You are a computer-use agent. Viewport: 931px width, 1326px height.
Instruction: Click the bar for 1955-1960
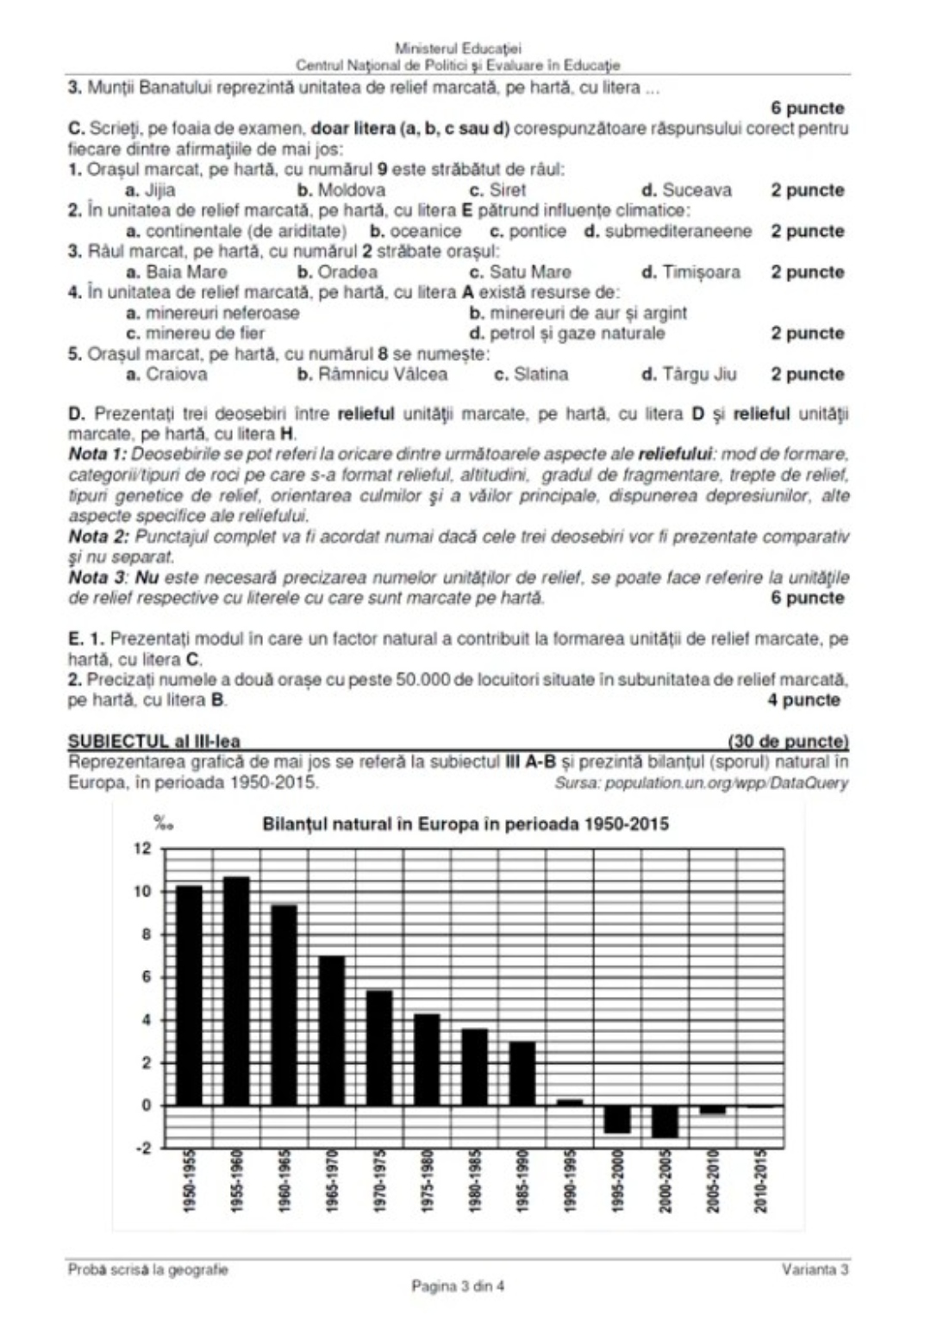click(x=237, y=991)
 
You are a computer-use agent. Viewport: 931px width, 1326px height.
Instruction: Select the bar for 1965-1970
click(x=332, y=1030)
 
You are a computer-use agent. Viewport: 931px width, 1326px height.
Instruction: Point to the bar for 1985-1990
click(x=522, y=1074)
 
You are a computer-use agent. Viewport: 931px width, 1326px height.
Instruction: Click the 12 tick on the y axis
click(x=142, y=849)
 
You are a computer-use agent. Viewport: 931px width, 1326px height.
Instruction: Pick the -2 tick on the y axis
click(x=141, y=1149)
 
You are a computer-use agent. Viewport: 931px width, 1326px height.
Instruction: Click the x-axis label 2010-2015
click(x=760, y=1181)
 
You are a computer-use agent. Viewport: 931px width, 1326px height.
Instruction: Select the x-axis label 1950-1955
click(x=190, y=1181)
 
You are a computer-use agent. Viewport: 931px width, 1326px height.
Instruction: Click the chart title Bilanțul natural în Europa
click(x=465, y=824)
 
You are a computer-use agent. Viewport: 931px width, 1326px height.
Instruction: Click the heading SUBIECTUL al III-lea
click(x=154, y=741)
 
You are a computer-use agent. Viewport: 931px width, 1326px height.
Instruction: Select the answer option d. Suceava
click(x=686, y=190)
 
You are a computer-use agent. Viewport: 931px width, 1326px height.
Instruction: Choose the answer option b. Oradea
click(x=337, y=272)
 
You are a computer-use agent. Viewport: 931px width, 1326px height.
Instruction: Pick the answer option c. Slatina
click(x=531, y=374)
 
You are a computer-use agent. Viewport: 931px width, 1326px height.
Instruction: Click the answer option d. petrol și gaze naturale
click(x=567, y=333)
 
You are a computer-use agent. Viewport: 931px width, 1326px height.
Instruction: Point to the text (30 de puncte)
click(x=788, y=741)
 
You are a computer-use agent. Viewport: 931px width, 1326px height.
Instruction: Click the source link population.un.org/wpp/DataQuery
click(x=727, y=783)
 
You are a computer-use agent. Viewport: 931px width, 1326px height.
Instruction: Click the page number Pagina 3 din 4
click(x=458, y=1286)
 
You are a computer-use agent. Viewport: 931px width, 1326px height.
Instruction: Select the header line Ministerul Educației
click(x=458, y=49)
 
